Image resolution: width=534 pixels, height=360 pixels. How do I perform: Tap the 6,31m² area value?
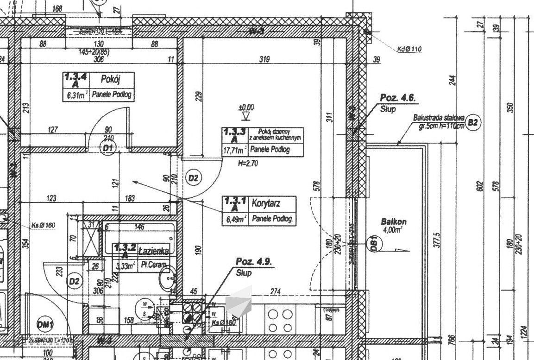[x=75, y=95]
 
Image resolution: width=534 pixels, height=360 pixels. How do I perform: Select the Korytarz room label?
[x=267, y=203]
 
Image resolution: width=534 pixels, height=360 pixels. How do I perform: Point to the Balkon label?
[x=394, y=221]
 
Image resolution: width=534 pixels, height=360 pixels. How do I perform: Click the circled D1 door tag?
[x=109, y=148]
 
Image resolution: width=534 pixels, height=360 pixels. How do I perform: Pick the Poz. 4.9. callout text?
[x=254, y=262]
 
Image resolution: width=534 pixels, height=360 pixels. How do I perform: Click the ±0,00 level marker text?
[x=246, y=107]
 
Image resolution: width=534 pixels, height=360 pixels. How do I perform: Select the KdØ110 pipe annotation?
[x=409, y=49]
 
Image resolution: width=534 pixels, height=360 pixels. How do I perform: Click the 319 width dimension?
[x=264, y=59]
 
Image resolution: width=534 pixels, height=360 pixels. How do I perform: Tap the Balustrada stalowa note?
[x=439, y=119]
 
